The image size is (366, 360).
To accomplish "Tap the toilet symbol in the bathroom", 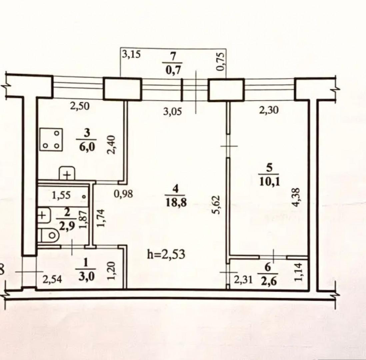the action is tap(49, 235).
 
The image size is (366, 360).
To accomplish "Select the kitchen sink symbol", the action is tap(67, 173).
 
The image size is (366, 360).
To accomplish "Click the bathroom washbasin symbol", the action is tap(44, 215).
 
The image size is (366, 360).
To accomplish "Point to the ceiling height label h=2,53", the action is tap(166, 254).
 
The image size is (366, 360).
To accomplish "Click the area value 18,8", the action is tap(176, 203).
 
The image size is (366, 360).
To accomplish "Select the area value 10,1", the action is tap(269, 181).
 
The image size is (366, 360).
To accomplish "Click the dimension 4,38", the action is tap(296, 197).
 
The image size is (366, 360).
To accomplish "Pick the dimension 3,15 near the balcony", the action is tap(131, 54).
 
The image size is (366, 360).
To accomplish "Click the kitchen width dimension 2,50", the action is tap(80, 106).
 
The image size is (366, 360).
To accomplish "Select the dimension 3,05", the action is tap(172, 112).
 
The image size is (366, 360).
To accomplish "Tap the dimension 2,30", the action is tap(269, 110).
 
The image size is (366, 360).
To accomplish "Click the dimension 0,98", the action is tap(123, 194).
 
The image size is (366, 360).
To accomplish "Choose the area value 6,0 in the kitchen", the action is tap(87, 148).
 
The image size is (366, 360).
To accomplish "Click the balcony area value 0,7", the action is tap(173, 70).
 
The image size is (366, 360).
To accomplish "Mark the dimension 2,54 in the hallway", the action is tap(52, 279).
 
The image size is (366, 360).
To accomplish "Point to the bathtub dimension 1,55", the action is tap(61, 195).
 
